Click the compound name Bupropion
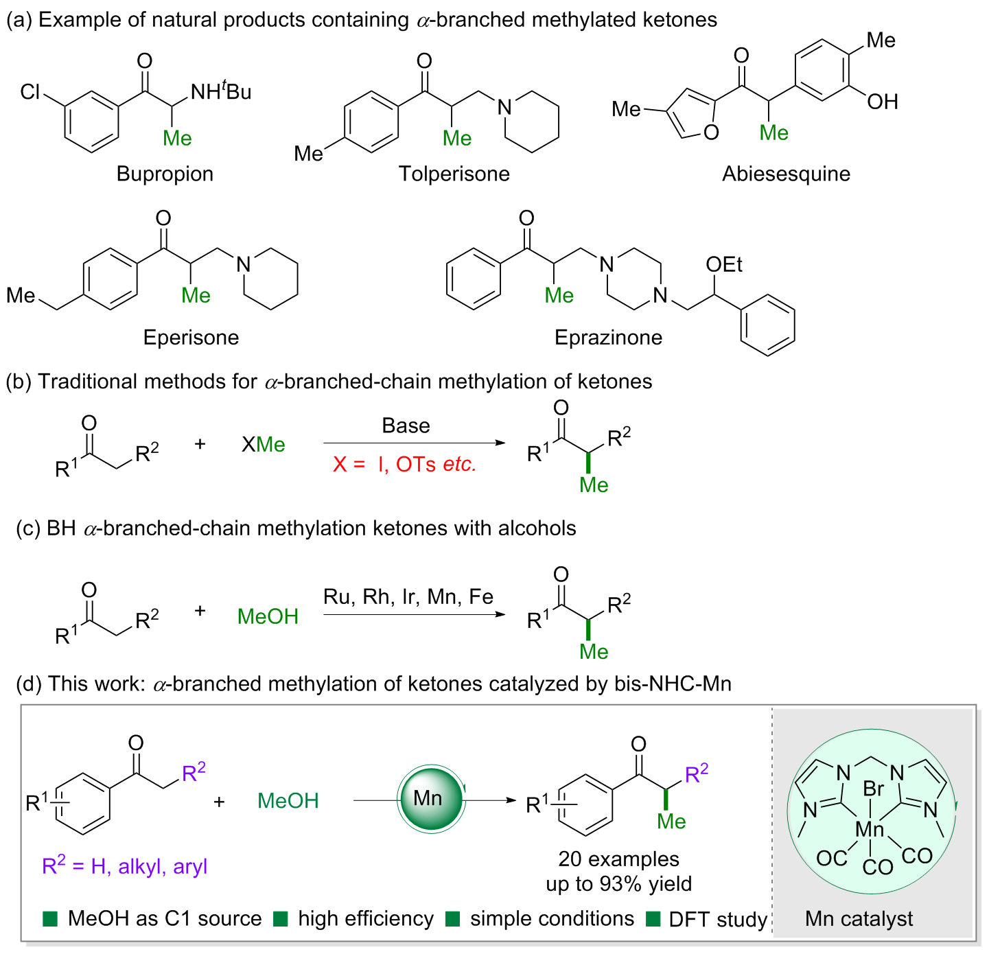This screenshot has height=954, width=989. (165, 174)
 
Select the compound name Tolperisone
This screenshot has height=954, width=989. (454, 174)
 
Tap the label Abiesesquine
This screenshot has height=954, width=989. (786, 174)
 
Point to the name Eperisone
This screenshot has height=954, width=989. (191, 338)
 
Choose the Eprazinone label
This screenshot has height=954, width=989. (608, 338)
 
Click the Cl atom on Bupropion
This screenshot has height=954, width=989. (30, 92)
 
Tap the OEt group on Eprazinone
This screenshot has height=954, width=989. (723, 264)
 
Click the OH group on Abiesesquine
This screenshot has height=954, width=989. (882, 102)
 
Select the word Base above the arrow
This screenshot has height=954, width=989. (406, 426)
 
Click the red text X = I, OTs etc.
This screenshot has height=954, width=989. (404, 464)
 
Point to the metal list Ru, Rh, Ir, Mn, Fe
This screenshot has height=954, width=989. (408, 596)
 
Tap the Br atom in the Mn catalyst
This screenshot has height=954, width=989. (873, 789)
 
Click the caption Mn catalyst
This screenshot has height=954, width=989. (859, 919)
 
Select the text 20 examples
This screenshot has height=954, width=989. (618, 859)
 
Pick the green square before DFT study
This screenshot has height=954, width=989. (653, 919)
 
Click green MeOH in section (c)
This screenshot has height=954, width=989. (268, 616)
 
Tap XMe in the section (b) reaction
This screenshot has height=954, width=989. (264, 445)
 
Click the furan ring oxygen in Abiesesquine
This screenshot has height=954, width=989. (711, 132)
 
